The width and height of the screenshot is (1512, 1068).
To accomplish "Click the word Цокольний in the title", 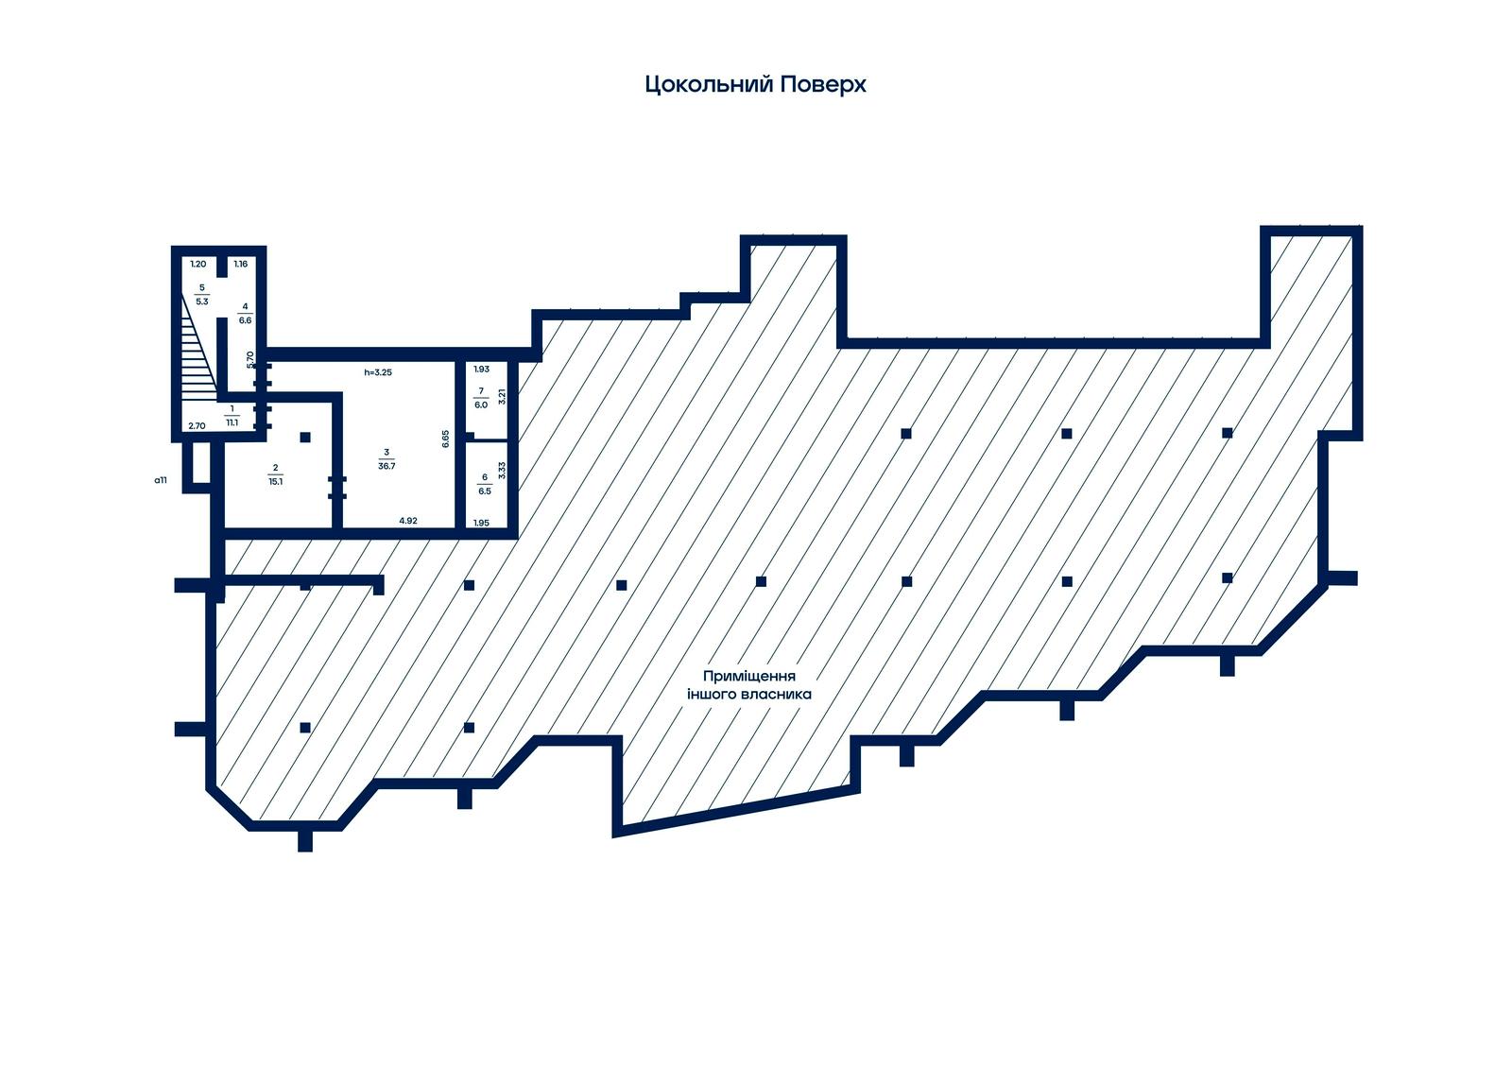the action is coord(709,85).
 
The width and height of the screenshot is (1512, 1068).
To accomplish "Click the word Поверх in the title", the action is coord(823,84).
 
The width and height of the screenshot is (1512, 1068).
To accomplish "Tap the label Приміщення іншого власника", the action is coord(749,685).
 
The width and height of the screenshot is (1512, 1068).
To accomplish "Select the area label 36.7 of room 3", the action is coord(387,466).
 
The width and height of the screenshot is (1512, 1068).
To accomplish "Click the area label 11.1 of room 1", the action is coord(232,422).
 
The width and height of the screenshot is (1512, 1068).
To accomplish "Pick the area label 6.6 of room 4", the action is coord(245,320).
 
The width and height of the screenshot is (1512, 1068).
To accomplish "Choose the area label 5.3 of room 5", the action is coord(202,301).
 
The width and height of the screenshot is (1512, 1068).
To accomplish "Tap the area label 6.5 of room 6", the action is coord(485,491).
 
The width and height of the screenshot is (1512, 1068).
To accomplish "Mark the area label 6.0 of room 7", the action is coord(481,405).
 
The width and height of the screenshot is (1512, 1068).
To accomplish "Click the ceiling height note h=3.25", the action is coord(378,372).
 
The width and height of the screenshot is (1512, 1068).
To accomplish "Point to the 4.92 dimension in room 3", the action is coord(408,521).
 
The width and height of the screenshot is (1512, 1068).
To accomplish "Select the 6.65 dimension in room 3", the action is coord(445,439).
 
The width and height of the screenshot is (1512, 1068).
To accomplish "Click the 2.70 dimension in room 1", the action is coord(197,426).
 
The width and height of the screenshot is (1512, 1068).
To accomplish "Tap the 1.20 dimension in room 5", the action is coord(198,264).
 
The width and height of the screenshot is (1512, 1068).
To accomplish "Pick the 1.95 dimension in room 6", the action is coord(481,523).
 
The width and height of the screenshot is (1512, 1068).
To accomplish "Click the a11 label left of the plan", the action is coord(161,481).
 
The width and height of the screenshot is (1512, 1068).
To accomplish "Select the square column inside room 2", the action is coord(305,438).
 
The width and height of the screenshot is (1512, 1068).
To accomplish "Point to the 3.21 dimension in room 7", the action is coord(502,396).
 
